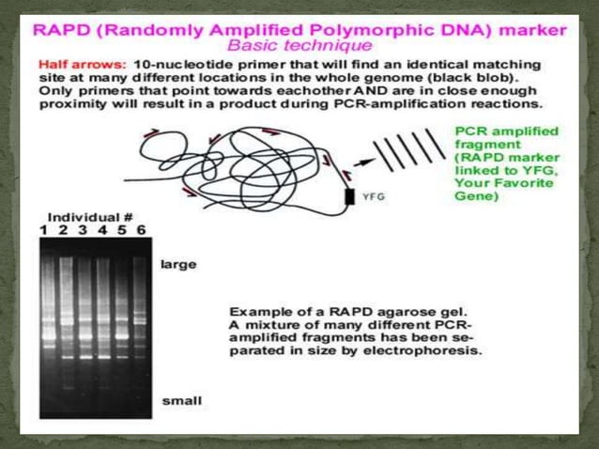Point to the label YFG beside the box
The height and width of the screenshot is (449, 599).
pos(375,197)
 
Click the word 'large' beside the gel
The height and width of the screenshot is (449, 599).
pos(179,264)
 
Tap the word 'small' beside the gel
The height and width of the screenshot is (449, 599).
pos(180,400)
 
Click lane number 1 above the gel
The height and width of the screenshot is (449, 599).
pos(43,229)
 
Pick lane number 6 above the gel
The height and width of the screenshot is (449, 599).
pos(142,229)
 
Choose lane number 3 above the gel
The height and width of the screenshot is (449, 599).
pos(83,229)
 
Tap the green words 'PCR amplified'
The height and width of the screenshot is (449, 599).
pos(505,131)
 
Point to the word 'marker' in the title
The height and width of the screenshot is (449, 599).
pos(530,28)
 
